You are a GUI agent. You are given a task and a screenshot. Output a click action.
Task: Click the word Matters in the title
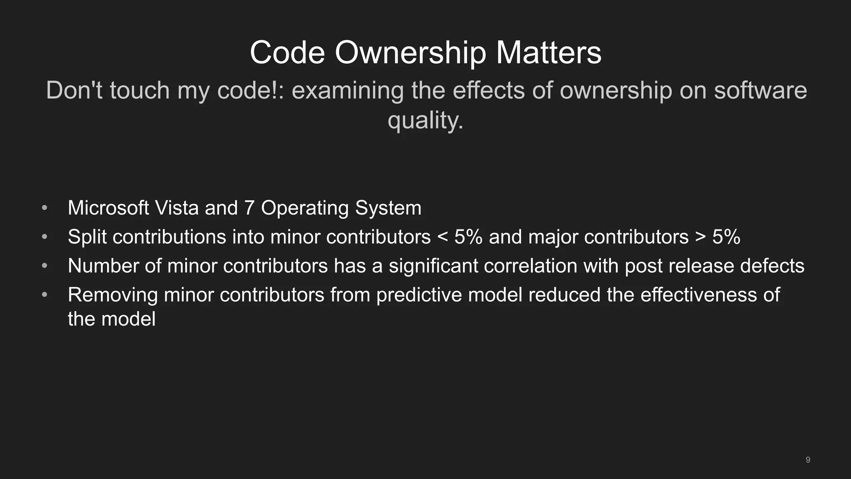[x=548, y=53]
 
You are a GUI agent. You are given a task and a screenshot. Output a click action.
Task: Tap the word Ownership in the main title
[x=410, y=53]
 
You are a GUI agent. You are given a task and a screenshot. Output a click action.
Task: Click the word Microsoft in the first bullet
[x=108, y=208]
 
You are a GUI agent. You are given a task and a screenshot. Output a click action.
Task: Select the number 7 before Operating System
[x=249, y=208]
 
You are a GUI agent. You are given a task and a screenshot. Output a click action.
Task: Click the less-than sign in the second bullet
[x=443, y=237]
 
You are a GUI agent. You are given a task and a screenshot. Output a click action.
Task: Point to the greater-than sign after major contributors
[x=700, y=237]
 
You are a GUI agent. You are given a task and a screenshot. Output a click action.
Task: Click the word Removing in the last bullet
[x=113, y=295]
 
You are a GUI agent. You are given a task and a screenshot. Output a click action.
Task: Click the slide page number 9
[x=808, y=460]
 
